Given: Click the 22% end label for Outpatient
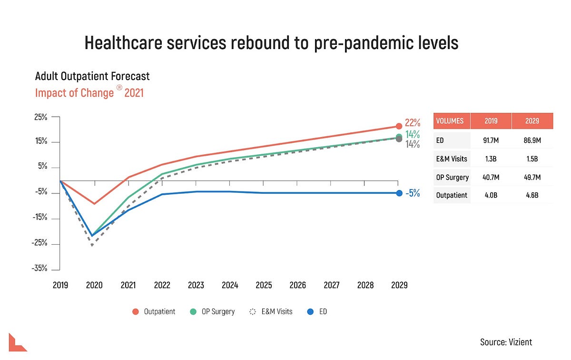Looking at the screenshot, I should (412, 123).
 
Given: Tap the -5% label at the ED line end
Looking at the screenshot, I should (412, 193).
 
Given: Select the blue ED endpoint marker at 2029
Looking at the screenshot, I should (399, 193).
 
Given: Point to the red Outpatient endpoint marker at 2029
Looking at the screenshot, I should (399, 126).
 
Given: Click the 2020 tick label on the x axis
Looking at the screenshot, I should (94, 285).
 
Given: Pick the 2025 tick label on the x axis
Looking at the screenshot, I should (264, 285).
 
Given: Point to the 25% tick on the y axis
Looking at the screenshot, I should (40, 117).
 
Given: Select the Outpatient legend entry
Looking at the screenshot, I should (154, 311).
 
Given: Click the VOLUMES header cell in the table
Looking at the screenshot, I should (450, 121).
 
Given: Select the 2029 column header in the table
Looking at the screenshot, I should (532, 121).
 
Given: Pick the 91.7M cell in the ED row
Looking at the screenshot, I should (491, 140).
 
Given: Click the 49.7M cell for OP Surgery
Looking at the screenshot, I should (532, 177).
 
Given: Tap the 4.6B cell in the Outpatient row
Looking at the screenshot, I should (532, 195).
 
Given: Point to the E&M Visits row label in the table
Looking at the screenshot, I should (452, 159).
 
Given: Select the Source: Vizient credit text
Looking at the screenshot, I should (506, 342).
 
